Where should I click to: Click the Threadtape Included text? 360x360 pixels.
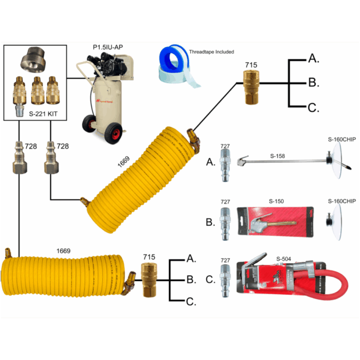point(212,52)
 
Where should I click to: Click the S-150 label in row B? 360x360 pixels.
point(275,200)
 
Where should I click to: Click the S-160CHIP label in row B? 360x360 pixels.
point(341,200)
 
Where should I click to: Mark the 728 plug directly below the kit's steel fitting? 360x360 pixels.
point(19,164)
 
